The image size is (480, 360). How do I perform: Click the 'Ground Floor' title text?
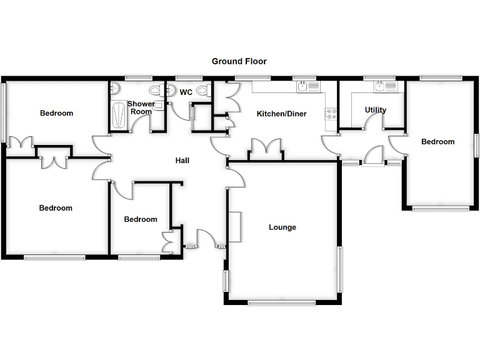click(239, 61)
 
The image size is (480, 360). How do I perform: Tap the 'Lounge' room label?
click(282, 227)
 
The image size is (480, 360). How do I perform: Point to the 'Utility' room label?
click(376, 110)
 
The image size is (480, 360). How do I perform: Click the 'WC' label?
click(186, 92)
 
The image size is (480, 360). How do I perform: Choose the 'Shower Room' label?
click(141, 107)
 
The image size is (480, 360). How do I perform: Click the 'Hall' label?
click(182, 161)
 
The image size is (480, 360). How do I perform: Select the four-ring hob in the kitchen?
click(331, 114)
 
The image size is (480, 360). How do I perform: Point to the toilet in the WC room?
click(202, 91)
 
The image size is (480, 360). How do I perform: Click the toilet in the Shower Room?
click(116, 90)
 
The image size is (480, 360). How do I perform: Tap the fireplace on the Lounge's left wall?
click(234, 227)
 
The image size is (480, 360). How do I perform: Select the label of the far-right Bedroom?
click(437, 142)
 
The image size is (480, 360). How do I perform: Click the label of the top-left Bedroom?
click(56, 113)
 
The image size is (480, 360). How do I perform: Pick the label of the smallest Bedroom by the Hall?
click(141, 219)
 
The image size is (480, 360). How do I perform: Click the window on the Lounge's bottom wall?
click(281, 303)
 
